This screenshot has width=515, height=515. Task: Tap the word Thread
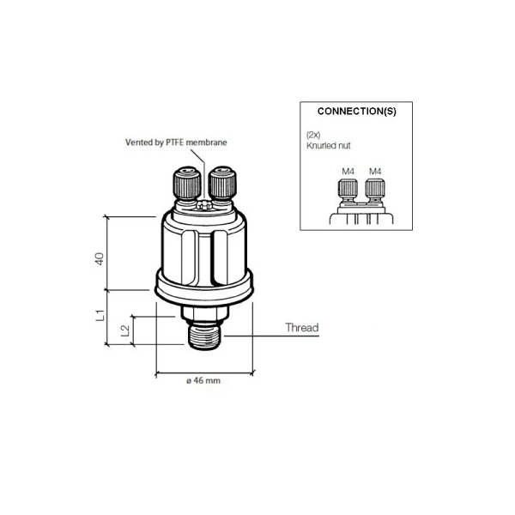pyautogui.click(x=301, y=328)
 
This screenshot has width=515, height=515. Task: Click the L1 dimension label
pyautogui.click(x=100, y=315)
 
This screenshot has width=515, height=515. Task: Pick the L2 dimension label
pyautogui.click(x=125, y=330)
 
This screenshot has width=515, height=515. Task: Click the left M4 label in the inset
pyautogui.click(x=348, y=172)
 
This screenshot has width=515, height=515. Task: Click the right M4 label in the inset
pyautogui.click(x=374, y=172)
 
